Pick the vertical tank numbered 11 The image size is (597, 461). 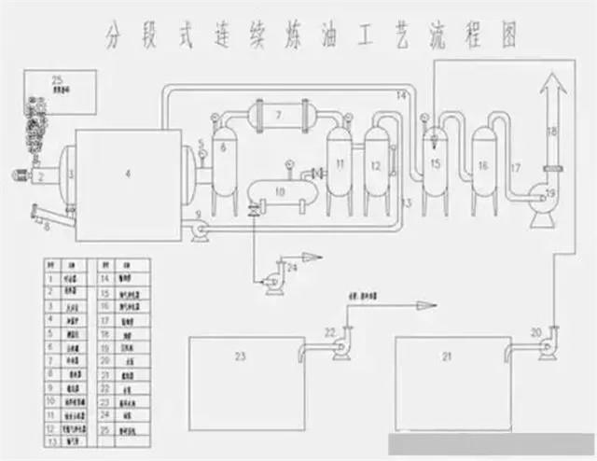[x=340, y=166]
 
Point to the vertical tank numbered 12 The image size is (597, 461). [x=375, y=166]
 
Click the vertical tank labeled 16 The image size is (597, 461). [x=482, y=166]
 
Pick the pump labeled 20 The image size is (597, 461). [x=548, y=338]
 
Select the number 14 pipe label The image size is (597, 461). [x=400, y=95]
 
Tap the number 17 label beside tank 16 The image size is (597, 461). [x=515, y=168]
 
